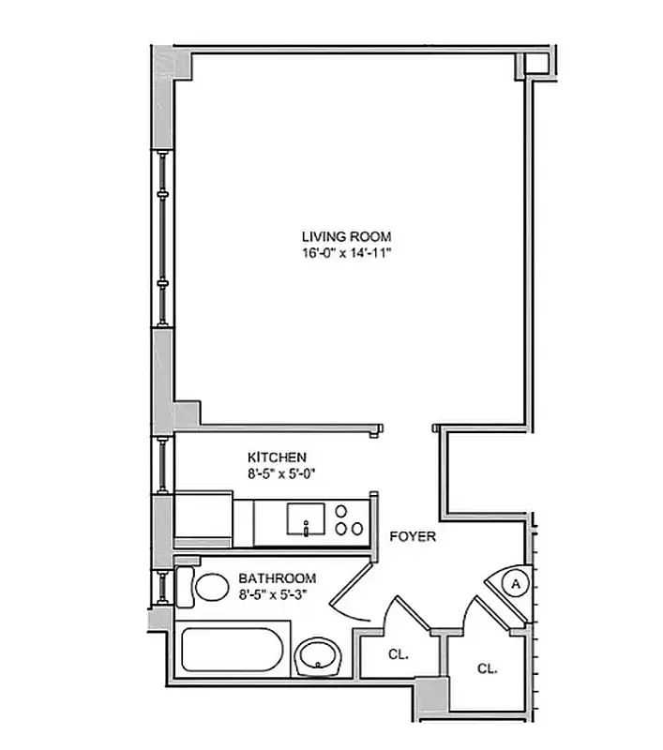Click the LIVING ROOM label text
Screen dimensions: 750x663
pos(346,236)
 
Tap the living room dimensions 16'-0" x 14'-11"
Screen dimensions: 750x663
pos(346,253)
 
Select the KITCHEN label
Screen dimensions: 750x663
pos(277,457)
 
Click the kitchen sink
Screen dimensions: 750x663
pos(306,518)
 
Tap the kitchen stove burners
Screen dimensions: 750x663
pos(349,521)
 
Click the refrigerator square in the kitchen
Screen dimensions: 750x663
pos(203,518)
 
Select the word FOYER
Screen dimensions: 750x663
pos(414,537)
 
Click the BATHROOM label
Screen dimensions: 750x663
pos(277,578)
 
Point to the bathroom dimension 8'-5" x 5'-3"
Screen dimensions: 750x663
pos(277,593)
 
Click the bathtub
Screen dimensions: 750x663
pos(231,652)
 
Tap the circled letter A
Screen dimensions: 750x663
pos(514,583)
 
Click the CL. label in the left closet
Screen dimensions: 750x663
pos(398,654)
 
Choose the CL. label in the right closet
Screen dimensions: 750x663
pos(487,668)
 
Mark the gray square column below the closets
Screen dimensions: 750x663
pos(433,694)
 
